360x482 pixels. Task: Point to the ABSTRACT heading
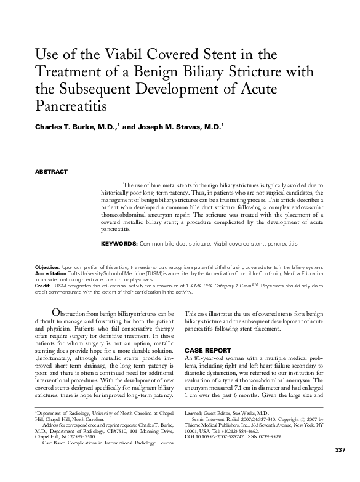point(50,172)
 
